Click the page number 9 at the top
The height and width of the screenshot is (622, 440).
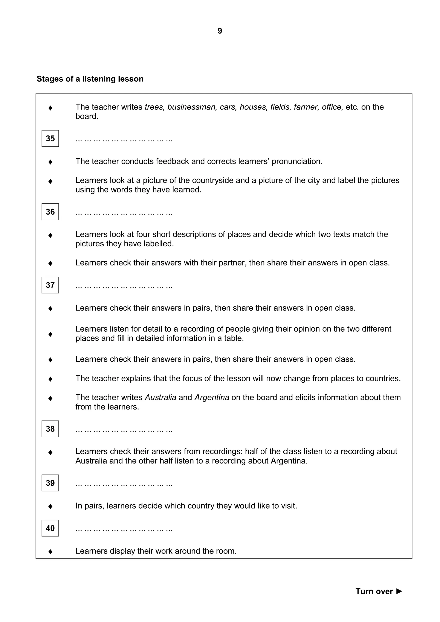pos(220,31)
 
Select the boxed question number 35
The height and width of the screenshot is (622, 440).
pos(50,139)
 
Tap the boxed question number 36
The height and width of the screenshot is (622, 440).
pos(50,212)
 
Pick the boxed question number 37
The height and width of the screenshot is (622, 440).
pos(50,285)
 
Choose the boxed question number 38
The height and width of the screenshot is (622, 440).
pos(50,429)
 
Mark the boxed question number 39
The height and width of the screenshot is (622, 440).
pos(50,483)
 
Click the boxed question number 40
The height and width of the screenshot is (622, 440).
pos(50,528)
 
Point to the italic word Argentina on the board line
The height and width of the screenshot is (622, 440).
pos(212,397)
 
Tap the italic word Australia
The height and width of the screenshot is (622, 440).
pos(161,397)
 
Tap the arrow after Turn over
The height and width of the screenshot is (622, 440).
pos(399,591)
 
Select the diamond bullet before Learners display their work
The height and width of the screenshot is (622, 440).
pos(50,552)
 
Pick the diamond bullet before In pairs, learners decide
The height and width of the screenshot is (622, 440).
pos(50,506)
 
